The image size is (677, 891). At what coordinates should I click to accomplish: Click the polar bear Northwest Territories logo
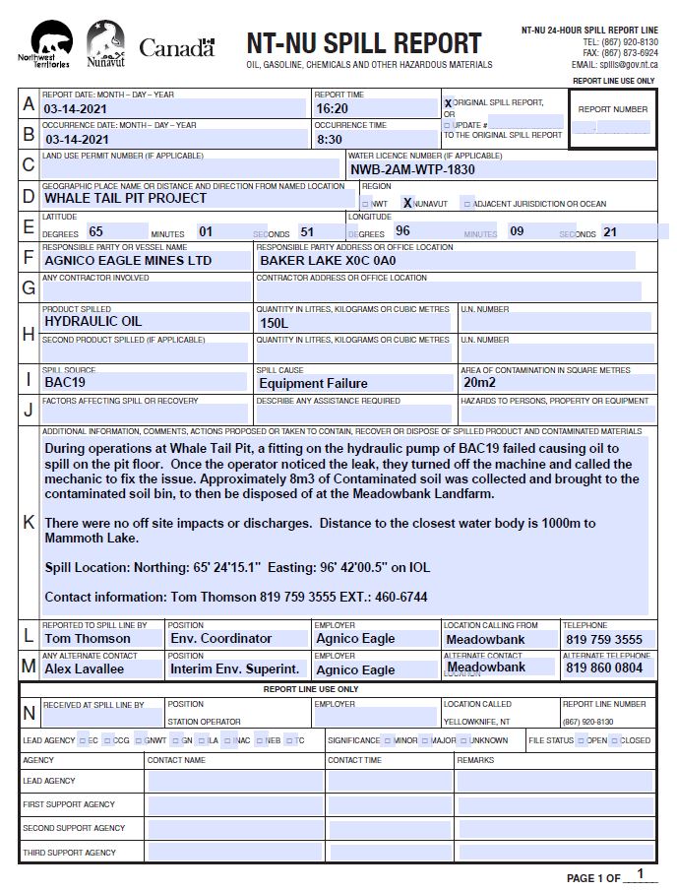pos(50,44)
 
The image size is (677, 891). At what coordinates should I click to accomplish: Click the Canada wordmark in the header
pos(177,47)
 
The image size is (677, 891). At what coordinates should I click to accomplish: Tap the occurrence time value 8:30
pos(329,139)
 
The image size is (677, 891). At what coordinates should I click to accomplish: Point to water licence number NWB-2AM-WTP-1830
pos(412,169)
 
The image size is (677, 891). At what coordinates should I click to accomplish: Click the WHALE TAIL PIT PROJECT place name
pos(125,198)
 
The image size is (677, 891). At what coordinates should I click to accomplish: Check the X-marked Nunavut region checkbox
pos(407,203)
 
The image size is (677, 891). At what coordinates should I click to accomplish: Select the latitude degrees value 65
pos(95,231)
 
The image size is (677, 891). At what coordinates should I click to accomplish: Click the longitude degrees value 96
pos(402,231)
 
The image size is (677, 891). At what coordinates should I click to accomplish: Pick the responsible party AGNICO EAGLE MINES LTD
pos(128,261)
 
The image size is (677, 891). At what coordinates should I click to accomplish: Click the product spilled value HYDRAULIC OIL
pos(92,321)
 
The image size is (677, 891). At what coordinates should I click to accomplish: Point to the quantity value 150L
pos(274,322)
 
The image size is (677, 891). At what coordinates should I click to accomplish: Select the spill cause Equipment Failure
pos(313,383)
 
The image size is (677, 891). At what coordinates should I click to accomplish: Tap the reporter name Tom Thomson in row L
pos(87,639)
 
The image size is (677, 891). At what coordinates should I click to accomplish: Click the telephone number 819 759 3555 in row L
pos(603,640)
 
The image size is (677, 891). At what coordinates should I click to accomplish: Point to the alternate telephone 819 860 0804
pos(603,668)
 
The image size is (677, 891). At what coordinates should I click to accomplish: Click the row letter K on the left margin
pos(29,523)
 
